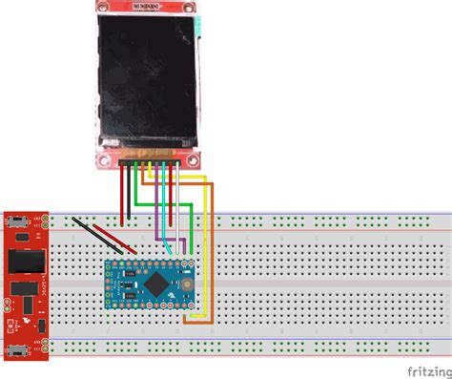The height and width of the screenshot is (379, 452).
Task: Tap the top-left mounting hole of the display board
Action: point(103,8)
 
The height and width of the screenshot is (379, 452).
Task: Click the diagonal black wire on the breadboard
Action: point(95,236)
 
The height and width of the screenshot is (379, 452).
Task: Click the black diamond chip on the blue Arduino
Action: point(154,284)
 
